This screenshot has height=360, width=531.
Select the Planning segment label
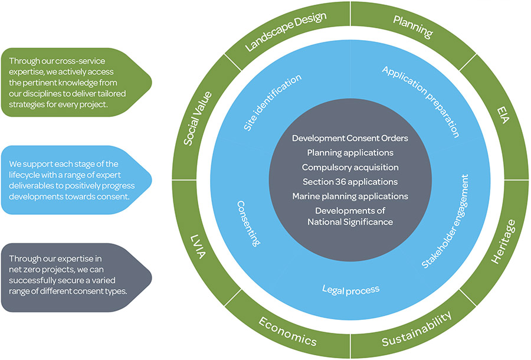click(x=413, y=27)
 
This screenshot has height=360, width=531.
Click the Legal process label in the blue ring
click(x=350, y=289)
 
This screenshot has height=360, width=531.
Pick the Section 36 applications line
click(x=349, y=181)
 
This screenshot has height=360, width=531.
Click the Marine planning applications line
click(x=350, y=196)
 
